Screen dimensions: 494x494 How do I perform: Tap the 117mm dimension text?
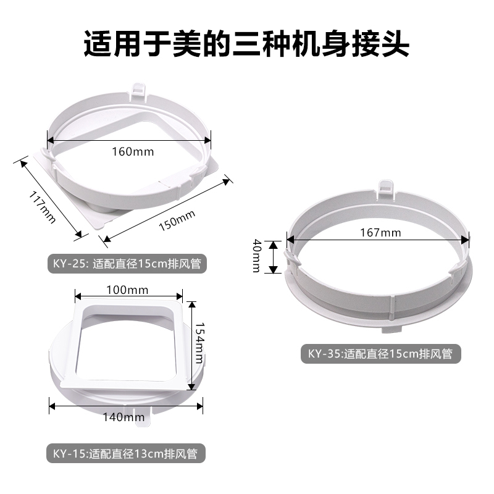tap(43, 207)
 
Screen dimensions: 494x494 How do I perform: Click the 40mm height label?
tap(255, 256)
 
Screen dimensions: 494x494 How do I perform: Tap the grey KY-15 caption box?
tap(125, 454)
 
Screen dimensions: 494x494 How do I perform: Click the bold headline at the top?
tap(247, 45)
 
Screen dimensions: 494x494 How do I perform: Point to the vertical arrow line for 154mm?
tap(191, 346)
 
